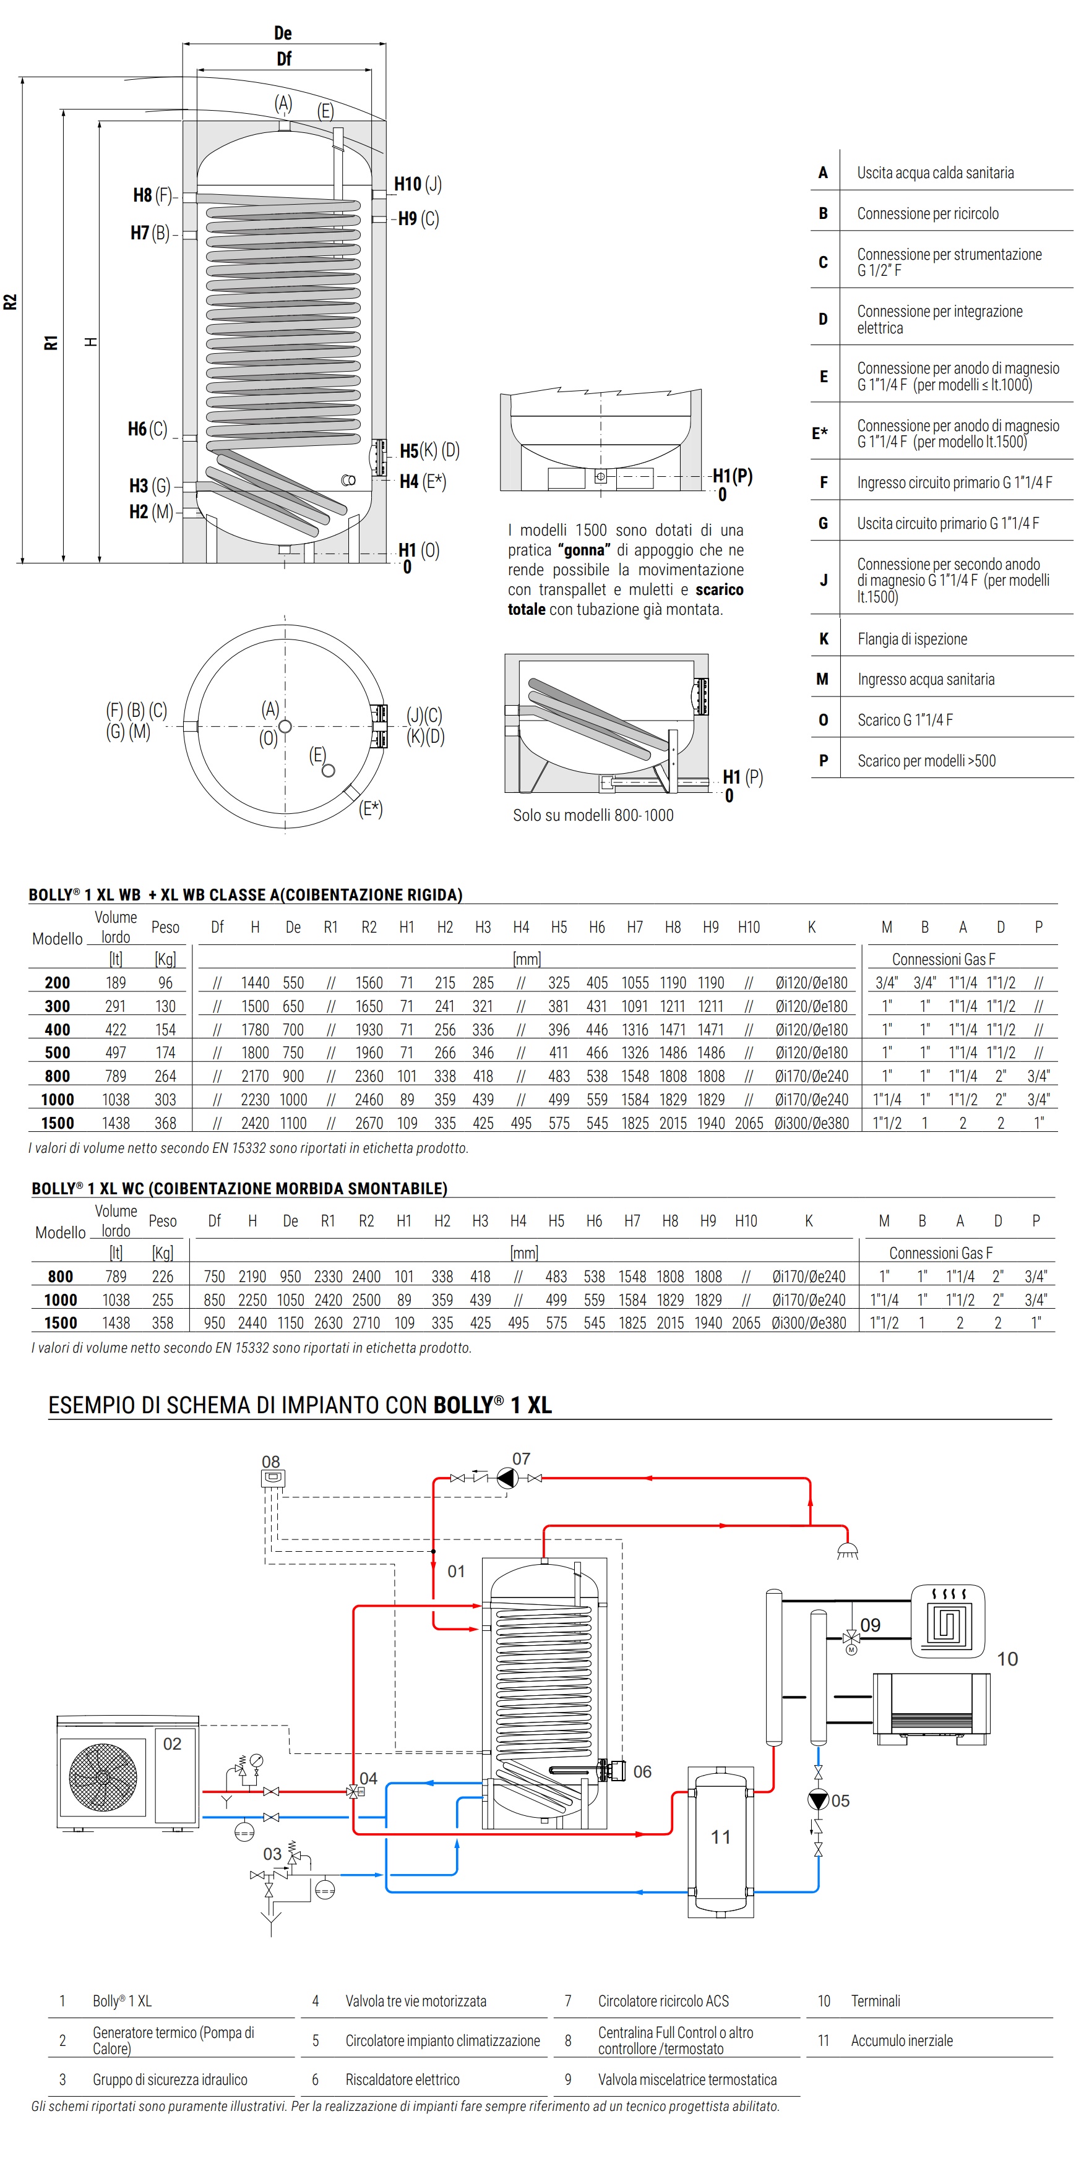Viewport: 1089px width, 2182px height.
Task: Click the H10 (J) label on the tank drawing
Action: (x=417, y=184)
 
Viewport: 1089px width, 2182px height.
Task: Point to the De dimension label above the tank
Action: (x=283, y=33)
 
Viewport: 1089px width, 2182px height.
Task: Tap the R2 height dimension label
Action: (x=10, y=302)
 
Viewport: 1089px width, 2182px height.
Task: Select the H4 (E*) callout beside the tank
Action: (x=422, y=481)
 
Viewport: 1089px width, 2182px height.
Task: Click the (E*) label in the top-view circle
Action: (x=371, y=808)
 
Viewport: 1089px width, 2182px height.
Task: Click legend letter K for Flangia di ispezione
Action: (x=823, y=639)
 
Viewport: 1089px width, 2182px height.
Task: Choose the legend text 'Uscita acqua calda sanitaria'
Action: (x=935, y=173)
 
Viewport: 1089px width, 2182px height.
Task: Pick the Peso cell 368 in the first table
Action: (x=165, y=1123)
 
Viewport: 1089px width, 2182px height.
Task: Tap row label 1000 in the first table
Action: (x=58, y=1100)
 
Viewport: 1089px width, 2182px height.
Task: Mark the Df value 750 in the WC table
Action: (x=215, y=1277)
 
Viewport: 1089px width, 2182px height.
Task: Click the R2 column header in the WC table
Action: (x=366, y=1221)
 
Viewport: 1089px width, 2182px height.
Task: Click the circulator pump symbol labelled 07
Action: (x=506, y=1478)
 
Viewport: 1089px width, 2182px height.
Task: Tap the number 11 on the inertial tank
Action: (x=720, y=1836)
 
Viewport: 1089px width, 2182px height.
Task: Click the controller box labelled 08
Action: (x=273, y=1478)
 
